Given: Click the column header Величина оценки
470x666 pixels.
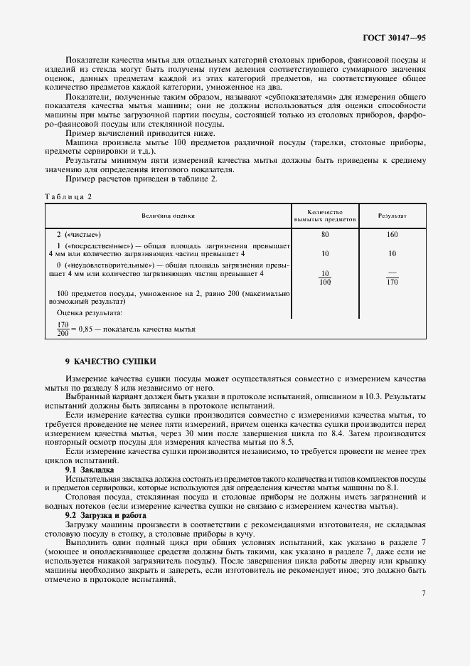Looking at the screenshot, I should [x=167, y=214].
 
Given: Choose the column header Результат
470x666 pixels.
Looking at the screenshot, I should [x=392, y=214].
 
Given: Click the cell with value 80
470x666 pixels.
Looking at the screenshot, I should [x=325, y=233].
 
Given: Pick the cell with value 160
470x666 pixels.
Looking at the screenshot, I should [x=392, y=233].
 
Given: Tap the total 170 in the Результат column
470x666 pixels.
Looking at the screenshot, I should [x=392, y=282].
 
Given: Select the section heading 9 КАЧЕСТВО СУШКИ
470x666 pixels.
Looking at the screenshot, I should [x=110, y=361].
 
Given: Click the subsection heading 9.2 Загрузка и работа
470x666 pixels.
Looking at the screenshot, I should [x=106, y=514].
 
